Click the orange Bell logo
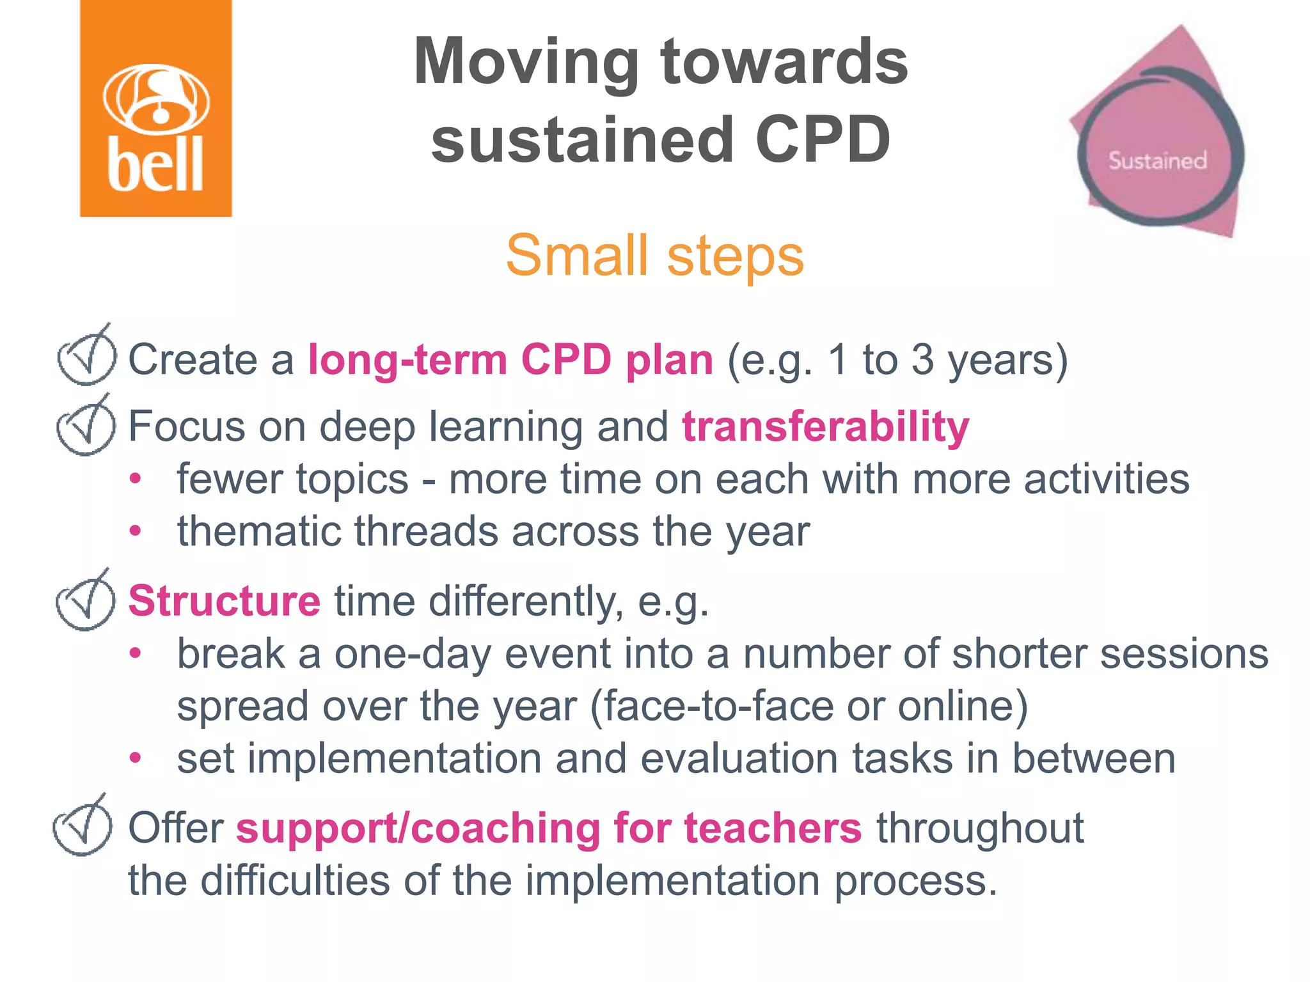click(x=155, y=109)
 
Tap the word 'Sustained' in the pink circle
click(x=1157, y=160)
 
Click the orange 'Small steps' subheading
click(x=654, y=256)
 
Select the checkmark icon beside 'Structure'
click(x=86, y=602)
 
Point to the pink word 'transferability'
click(x=825, y=426)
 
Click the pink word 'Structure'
click(x=224, y=601)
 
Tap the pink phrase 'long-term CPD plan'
click(x=510, y=359)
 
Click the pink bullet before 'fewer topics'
click(x=135, y=479)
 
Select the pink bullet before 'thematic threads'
click(x=135, y=531)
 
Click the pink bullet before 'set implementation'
click(x=135, y=758)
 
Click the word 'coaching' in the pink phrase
click(x=505, y=828)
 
